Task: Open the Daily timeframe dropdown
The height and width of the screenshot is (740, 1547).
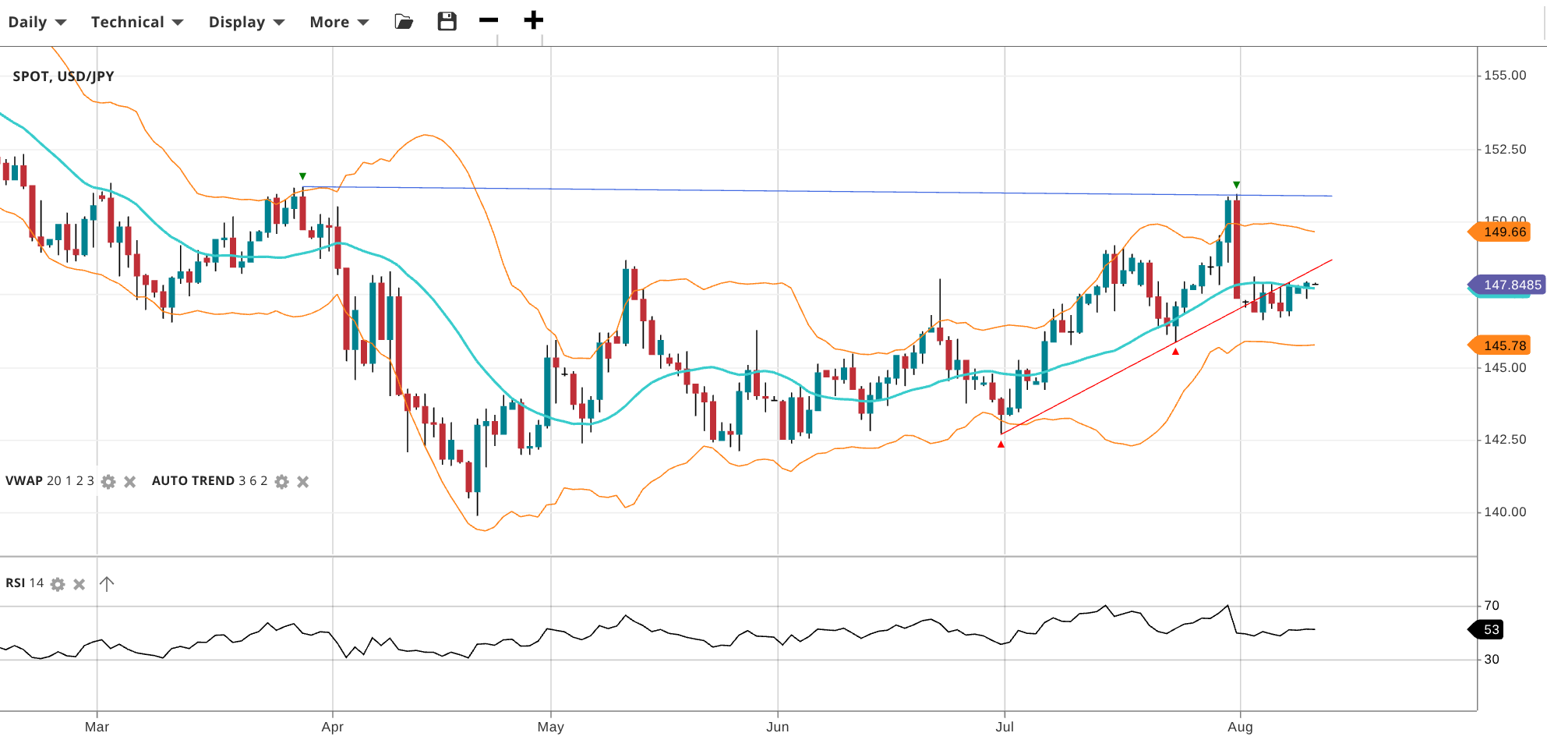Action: [x=37, y=22]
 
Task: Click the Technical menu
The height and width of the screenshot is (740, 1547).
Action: [x=136, y=22]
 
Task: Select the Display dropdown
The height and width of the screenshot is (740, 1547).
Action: [x=246, y=22]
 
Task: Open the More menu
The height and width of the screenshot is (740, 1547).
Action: [x=338, y=22]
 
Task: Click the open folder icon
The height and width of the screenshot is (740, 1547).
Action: [x=404, y=21]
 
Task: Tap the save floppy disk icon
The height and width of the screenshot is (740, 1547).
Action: [x=447, y=21]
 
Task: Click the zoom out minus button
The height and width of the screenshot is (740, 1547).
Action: [x=489, y=20]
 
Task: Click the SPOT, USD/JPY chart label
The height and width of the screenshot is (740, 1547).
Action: [x=63, y=76]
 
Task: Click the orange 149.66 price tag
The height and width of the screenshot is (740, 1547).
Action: [x=1502, y=232]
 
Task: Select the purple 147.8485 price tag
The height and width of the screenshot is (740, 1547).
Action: [x=1508, y=285]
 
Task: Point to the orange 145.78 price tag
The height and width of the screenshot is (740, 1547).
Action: [x=1502, y=345]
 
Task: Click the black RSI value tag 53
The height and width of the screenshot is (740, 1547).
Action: [x=1489, y=629]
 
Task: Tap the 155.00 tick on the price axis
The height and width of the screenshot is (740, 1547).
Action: [x=1504, y=76]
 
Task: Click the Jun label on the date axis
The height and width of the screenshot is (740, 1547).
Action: [x=777, y=727]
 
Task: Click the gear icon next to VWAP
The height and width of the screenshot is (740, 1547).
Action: [x=108, y=482]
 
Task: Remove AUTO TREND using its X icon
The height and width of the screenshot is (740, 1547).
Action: [x=303, y=482]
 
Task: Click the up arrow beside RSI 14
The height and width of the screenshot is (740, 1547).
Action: [x=107, y=583]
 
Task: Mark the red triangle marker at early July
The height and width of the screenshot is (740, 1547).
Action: [x=1001, y=444]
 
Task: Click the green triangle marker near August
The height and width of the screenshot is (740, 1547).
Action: [x=1236, y=185]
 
